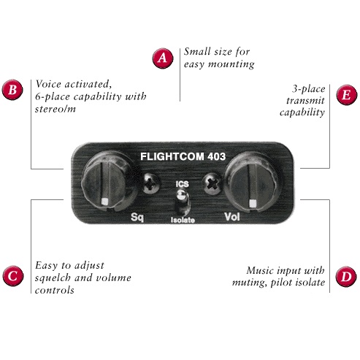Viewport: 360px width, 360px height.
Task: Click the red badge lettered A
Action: pyautogui.click(x=163, y=58)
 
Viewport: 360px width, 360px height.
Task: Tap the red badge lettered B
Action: pyautogui.click(x=12, y=90)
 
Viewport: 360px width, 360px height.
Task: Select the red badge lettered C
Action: pyautogui.click(x=13, y=276)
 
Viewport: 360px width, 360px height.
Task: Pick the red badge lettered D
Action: pyautogui.click(x=346, y=277)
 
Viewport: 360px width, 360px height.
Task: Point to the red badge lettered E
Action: pyautogui.click(x=347, y=95)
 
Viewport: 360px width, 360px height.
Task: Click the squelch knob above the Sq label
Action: pyautogui.click(x=107, y=181)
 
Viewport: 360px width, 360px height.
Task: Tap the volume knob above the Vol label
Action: pyautogui.click(x=251, y=183)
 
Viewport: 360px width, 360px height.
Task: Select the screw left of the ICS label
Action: pyautogui.click(x=151, y=183)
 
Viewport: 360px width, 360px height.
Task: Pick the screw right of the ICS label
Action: pyautogui.click(x=212, y=183)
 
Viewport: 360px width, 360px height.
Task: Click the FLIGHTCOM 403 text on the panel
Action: pyautogui.click(x=183, y=156)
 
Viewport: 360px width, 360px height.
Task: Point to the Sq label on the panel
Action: pyautogui.click(x=137, y=217)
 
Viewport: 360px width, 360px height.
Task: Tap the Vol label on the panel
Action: pyautogui.click(x=232, y=217)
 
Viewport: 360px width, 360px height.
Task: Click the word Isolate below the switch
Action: pyautogui.click(x=183, y=220)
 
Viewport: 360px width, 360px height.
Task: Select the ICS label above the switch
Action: pyautogui.click(x=183, y=184)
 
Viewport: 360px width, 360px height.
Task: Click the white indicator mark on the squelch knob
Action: pyautogui.click(x=104, y=202)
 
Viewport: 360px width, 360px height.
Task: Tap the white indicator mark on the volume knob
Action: pyautogui.click(x=253, y=203)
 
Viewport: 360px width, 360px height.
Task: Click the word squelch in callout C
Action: pyautogui.click(x=53, y=278)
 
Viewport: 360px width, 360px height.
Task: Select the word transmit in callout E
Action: pyautogui.click(x=305, y=101)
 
